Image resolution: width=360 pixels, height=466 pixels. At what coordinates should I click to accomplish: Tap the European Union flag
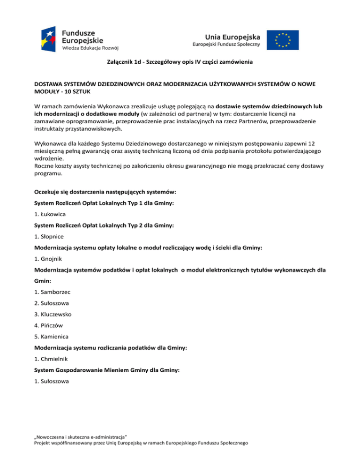coord(283,40)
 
